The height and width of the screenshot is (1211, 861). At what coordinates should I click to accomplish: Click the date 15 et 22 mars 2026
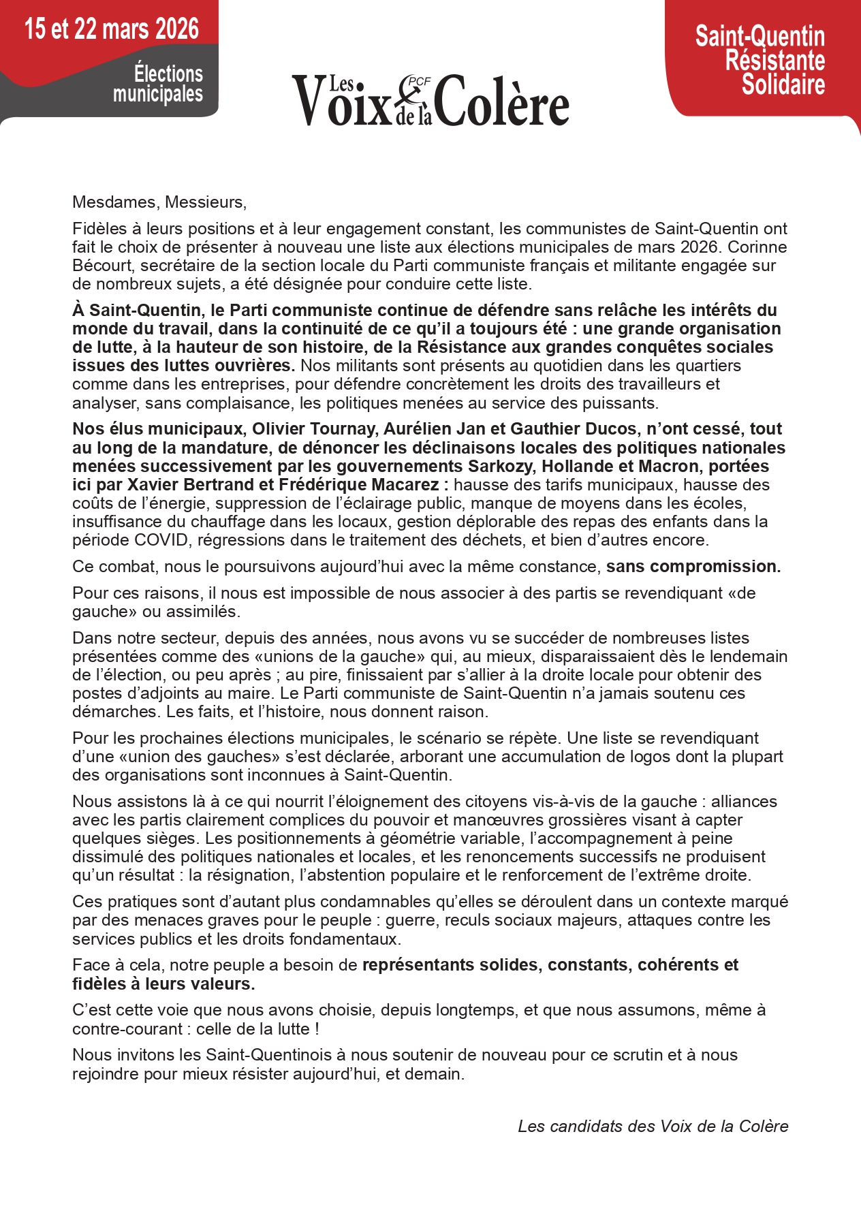pos(112,29)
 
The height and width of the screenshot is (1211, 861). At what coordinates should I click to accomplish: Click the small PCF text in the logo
pos(419,81)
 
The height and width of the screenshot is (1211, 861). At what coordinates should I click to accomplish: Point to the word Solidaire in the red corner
pos(783,84)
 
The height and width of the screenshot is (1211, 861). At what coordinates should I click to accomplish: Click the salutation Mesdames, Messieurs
pos(159,202)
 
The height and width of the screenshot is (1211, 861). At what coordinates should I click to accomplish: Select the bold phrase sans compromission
pos(693,567)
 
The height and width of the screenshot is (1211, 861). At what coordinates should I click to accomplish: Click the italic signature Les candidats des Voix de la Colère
pos(653,1127)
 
